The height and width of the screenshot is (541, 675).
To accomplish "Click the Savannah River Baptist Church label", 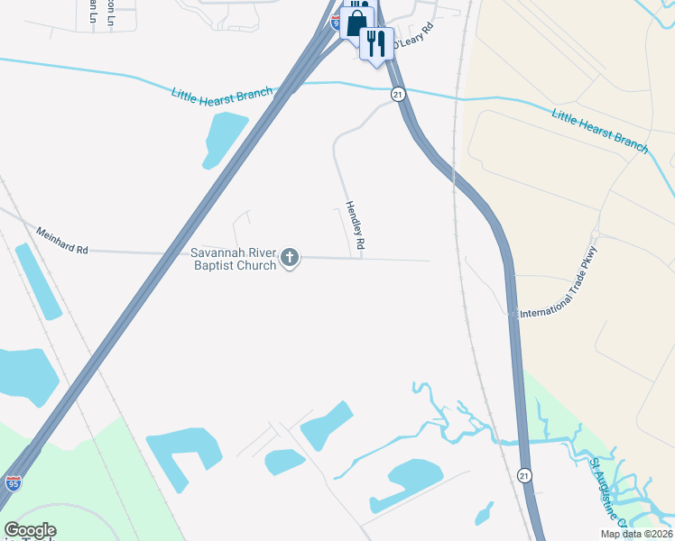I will pos(233,259).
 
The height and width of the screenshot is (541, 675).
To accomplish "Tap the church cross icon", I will pos(290,259).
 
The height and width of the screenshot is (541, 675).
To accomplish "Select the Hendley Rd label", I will pos(356,225).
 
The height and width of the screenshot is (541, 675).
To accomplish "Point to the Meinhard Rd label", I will pos(62,240).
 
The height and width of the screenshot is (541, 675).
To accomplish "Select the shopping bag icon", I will pos(357,23).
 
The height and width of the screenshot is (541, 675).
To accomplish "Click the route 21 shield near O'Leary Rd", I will pos(397,94).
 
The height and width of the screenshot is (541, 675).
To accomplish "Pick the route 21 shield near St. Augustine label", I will pos(524,474).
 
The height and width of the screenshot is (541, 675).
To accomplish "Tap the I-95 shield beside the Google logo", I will pos(13,483).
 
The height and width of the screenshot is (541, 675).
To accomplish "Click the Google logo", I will pos(30,530).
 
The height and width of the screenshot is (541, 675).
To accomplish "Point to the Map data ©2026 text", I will pos(636,534).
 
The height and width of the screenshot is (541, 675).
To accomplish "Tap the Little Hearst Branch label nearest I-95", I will pos(222,96).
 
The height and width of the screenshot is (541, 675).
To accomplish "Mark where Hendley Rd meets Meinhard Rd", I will pos(363,258).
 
